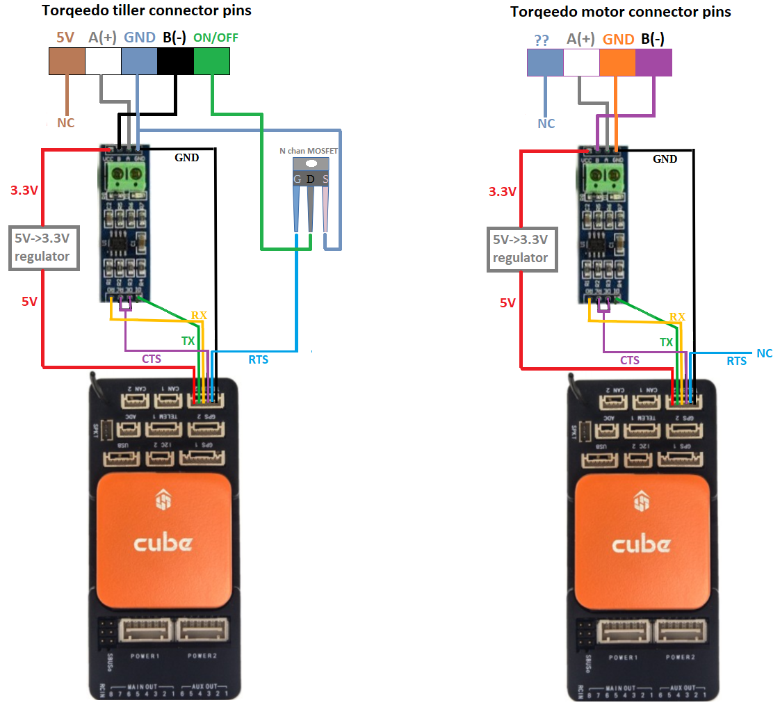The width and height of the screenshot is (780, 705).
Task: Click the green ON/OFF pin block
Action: (x=211, y=62)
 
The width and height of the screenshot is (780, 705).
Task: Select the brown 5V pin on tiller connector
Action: (x=67, y=62)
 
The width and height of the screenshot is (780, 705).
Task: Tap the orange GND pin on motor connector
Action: (x=617, y=62)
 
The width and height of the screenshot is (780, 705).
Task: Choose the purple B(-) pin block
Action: (x=654, y=62)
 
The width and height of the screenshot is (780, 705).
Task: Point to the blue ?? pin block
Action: (x=545, y=62)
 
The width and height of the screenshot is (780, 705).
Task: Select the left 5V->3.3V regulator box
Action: (x=42, y=248)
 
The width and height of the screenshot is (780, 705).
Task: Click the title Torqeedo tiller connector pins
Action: (x=147, y=11)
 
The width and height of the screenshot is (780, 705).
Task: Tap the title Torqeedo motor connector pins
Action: (x=621, y=12)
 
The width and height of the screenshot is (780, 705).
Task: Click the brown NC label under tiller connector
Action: (x=65, y=123)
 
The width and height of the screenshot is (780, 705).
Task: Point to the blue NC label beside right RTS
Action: (x=764, y=353)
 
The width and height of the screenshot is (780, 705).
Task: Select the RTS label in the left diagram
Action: (x=258, y=359)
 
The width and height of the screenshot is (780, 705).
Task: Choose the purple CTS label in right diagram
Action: (x=630, y=360)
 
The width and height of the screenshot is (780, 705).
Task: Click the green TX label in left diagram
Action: (x=188, y=341)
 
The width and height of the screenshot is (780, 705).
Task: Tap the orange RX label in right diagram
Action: (x=677, y=317)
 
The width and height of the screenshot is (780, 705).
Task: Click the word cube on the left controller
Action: (x=163, y=543)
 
